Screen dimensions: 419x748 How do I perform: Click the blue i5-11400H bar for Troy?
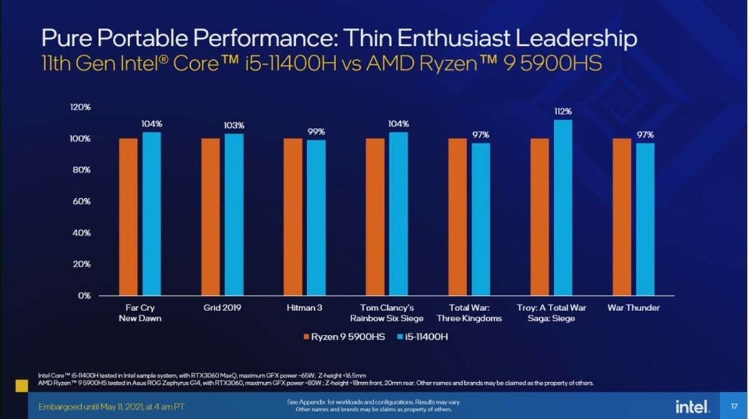point(563,208)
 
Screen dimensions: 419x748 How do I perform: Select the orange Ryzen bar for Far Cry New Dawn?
point(128,216)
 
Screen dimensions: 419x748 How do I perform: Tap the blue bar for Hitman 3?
point(316,218)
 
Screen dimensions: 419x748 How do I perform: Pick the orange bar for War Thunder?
point(622,216)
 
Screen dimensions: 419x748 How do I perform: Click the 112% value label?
point(563,111)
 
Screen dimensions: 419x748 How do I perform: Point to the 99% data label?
point(316,132)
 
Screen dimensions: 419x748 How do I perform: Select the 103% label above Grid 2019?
point(234,125)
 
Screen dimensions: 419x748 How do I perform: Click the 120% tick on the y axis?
point(80,107)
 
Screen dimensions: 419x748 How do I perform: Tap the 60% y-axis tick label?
point(82,201)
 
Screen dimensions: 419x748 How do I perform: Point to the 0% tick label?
point(84,296)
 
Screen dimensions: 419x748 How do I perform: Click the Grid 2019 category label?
point(222,308)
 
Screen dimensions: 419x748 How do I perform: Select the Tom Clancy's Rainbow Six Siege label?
point(386,313)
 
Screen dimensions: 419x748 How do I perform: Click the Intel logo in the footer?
point(692,407)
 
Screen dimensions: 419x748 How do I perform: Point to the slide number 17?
point(734,406)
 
